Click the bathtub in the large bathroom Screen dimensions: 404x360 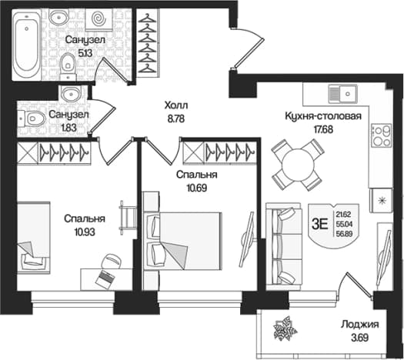[26, 45]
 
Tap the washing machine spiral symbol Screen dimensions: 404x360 [98, 18]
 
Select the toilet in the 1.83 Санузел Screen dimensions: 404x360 [32, 118]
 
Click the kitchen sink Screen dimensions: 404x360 [342, 94]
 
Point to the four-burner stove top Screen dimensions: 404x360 [382, 138]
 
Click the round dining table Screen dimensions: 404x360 [299, 165]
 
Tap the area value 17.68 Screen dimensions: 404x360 [323, 129]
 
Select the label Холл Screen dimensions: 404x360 [176, 105]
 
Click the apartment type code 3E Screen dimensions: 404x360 [320, 225]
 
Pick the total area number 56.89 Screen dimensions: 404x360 [344, 234]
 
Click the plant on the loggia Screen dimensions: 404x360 [285, 329]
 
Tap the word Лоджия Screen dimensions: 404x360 [360, 325]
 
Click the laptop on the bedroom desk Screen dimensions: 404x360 [105, 278]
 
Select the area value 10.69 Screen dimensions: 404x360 [197, 188]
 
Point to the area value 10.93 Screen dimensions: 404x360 [85, 232]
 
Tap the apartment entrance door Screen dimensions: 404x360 [249, 49]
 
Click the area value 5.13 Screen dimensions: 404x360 [85, 53]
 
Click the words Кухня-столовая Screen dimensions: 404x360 [323, 116]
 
